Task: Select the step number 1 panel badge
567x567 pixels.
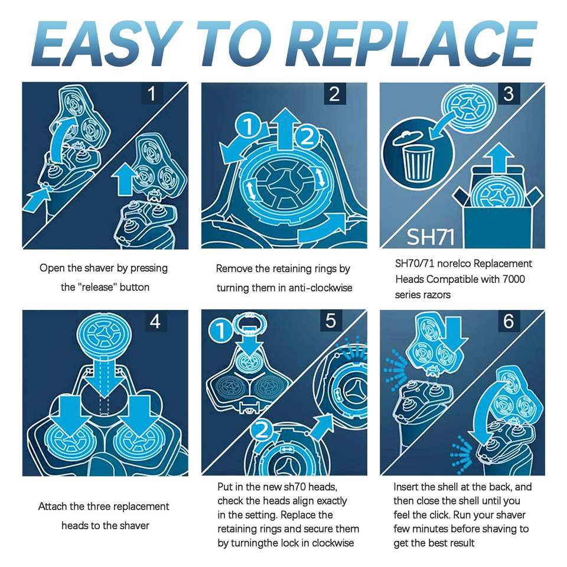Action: (x=152, y=93)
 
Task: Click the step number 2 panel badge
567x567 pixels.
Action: (x=334, y=94)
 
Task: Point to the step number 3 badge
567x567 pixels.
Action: (x=509, y=94)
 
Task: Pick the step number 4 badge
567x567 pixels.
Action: (x=155, y=321)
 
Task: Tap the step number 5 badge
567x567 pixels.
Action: (x=331, y=321)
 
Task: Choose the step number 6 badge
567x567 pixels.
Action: (x=509, y=321)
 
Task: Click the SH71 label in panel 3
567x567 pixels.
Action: (x=431, y=237)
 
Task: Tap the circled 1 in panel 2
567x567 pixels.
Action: (x=248, y=126)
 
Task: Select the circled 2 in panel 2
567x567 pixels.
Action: (x=307, y=136)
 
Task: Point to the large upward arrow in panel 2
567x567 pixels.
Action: (x=286, y=129)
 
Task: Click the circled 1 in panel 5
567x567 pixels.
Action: (x=220, y=331)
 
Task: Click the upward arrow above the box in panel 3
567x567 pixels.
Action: (x=500, y=158)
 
